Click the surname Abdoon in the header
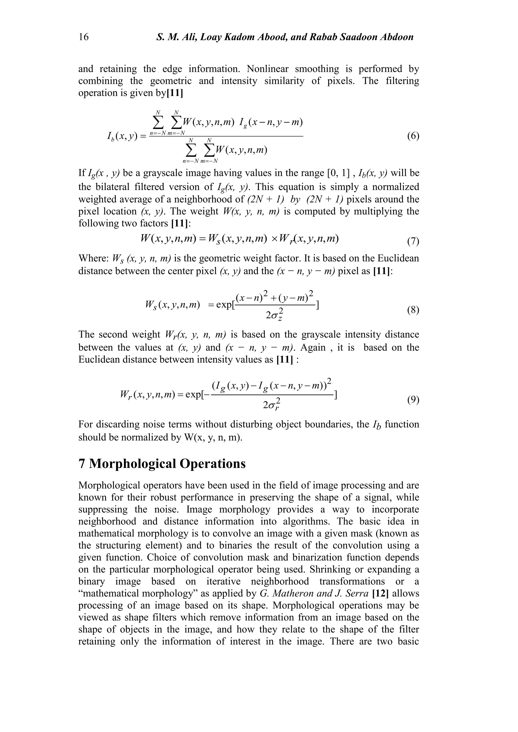pos(397,37)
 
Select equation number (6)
pos(413,136)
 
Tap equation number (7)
pos(413,241)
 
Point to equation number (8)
pos(413,310)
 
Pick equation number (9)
pos(413,400)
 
